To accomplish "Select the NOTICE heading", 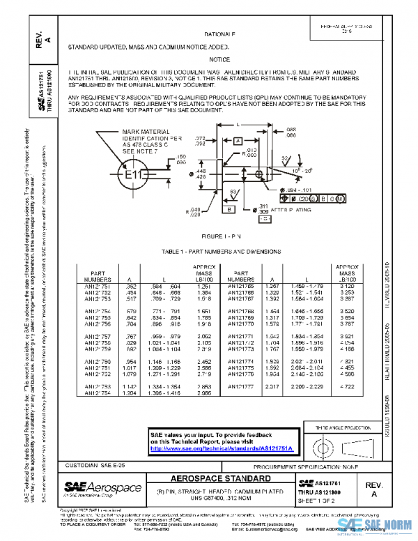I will coord(219,60).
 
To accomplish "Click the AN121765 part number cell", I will coord(248,286).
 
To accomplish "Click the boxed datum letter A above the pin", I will coord(238,141).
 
